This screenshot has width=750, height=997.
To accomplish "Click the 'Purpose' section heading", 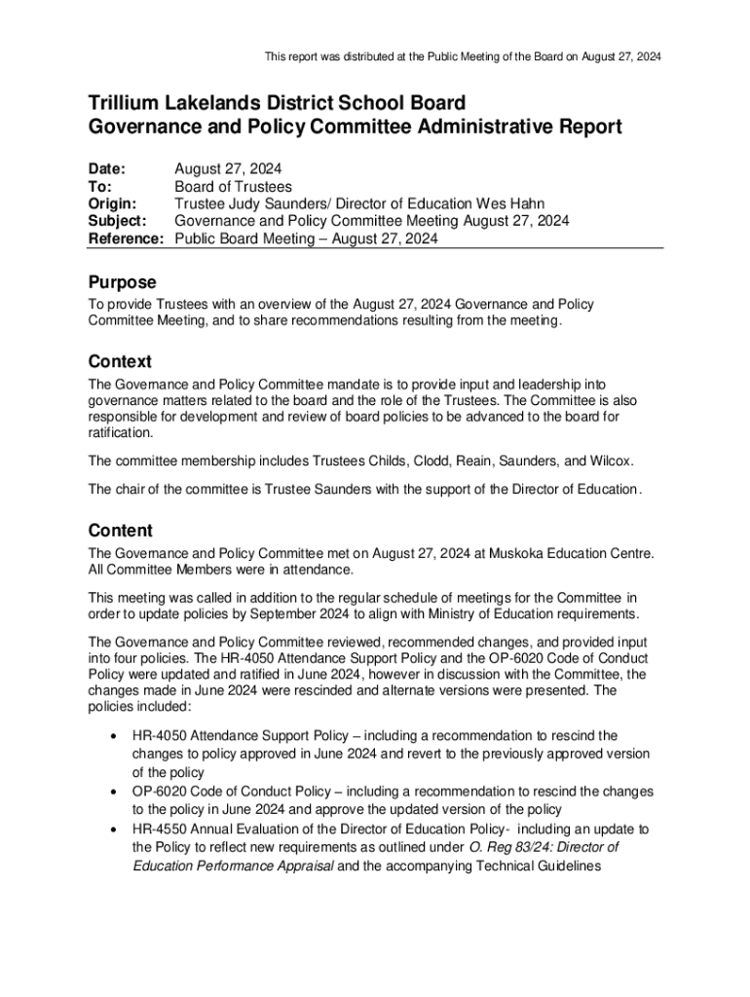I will (x=122, y=282).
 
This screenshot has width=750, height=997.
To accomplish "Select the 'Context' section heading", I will (x=120, y=362).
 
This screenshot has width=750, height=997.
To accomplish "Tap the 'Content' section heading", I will (x=120, y=531).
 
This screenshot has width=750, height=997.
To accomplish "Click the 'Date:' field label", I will (x=107, y=168).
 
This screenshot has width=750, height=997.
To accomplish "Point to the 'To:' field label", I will (x=100, y=186).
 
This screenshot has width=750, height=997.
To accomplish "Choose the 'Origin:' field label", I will (x=113, y=203).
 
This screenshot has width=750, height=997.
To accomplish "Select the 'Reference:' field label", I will (x=126, y=239).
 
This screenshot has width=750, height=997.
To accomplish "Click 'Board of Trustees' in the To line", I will (x=233, y=186).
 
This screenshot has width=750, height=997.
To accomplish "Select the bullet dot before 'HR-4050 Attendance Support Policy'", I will (x=116, y=737).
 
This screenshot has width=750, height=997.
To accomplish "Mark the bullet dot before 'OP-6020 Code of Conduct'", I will (x=116, y=793).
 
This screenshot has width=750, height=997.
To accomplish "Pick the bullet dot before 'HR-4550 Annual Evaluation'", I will (x=116, y=830).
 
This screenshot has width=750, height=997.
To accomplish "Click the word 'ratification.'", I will (x=121, y=432).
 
